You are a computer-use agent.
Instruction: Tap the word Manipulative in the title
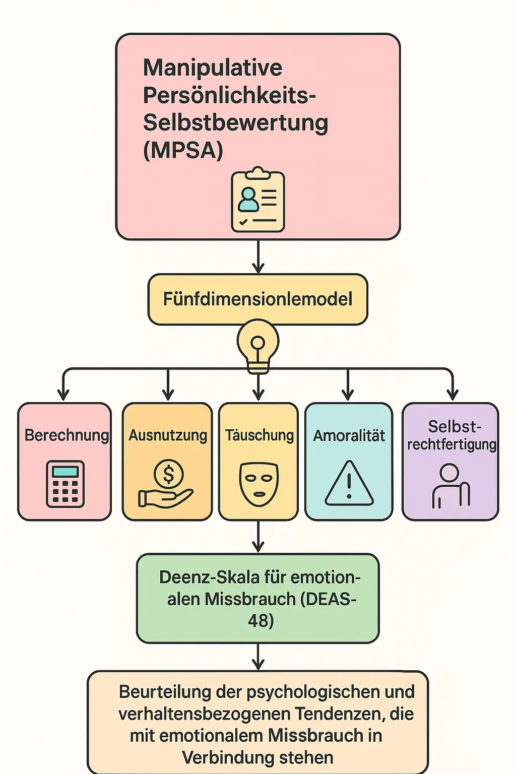(212, 68)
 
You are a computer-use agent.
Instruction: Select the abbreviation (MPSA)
(183, 150)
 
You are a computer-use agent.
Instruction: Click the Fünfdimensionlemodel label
(257, 299)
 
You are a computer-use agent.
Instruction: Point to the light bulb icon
(258, 345)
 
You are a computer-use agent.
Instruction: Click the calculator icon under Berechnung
(66, 484)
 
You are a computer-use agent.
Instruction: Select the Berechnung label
(67, 435)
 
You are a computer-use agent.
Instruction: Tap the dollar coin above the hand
(168, 474)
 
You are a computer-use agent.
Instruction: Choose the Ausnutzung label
(168, 435)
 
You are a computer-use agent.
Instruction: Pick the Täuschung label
(259, 435)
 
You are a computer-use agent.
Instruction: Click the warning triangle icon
(349, 484)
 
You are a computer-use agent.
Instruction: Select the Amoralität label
(349, 436)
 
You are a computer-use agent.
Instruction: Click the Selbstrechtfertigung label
(452, 435)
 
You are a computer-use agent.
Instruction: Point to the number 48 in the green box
(261, 621)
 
